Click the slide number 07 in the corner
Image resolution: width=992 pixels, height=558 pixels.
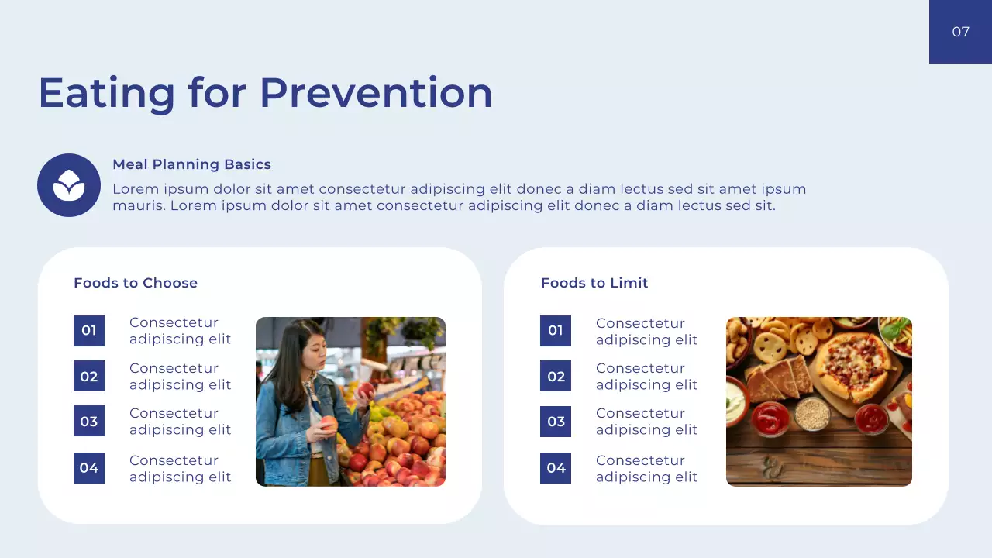pos(960,32)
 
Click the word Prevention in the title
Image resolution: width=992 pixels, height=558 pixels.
pos(376,92)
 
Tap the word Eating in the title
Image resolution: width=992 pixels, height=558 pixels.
pos(107,92)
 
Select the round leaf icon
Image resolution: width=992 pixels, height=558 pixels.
pos(69,185)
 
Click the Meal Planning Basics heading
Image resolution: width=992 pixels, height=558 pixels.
pos(191,164)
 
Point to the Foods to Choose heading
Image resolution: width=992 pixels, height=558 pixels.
pos(136,283)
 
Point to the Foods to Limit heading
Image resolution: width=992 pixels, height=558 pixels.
pos(594,283)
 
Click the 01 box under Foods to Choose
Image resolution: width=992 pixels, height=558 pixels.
pos(89,331)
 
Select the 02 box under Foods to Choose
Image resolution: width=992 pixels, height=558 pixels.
pos(89,377)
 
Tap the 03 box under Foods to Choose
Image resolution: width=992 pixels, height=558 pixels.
pos(89,422)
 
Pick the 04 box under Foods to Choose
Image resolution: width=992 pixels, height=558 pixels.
pos(89,468)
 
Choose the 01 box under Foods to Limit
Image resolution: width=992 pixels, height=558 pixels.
pos(556,331)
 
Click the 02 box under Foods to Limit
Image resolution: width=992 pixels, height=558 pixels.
pos(556,377)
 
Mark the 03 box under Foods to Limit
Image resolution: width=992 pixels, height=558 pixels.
pos(556,422)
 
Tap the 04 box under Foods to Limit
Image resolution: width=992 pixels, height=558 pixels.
pos(556,468)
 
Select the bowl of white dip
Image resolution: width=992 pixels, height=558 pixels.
pos(735,403)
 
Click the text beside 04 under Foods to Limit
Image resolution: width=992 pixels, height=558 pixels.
pos(646,469)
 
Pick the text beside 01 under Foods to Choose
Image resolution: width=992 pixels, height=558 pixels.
pos(180,331)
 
